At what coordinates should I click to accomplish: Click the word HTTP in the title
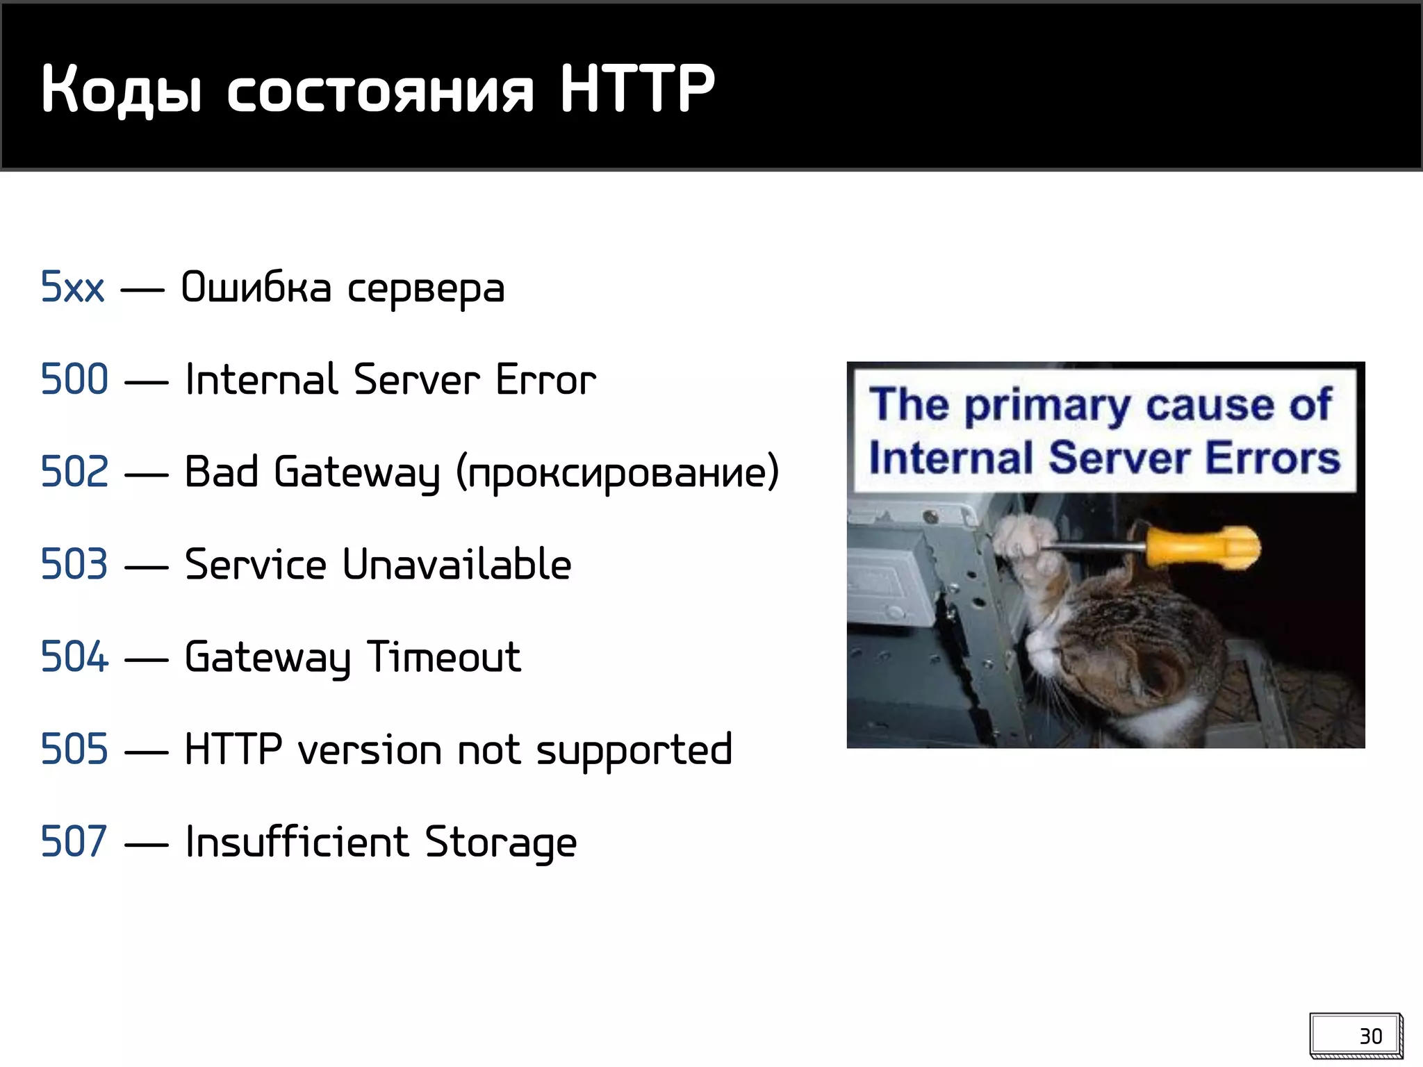tap(636, 88)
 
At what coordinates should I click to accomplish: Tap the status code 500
tap(75, 379)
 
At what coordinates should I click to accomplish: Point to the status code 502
tap(75, 472)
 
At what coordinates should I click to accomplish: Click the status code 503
tap(75, 564)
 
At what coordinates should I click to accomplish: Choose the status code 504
tap(75, 656)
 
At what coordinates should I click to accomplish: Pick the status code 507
tap(75, 841)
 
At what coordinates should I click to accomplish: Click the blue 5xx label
tap(72, 287)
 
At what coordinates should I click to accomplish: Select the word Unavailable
tap(456, 564)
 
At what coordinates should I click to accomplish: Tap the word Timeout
tap(443, 656)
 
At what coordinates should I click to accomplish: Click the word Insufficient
tap(297, 841)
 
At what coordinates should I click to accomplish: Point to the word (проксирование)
tap(618, 473)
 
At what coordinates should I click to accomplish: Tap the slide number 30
tap(1370, 1036)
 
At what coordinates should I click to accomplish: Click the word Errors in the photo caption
tap(1272, 458)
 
